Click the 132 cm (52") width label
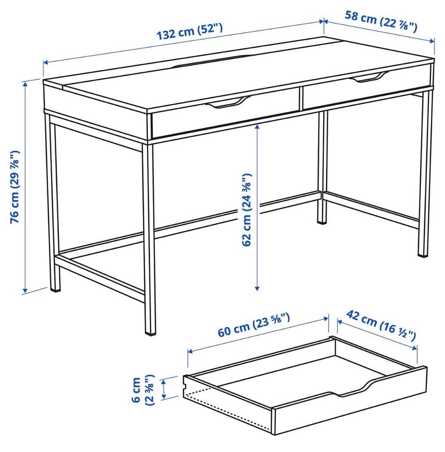[x=190, y=32]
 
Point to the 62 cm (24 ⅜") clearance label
[x=247, y=210]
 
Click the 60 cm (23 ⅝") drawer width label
[x=254, y=325]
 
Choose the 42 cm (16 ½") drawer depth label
[x=381, y=325]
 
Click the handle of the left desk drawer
[x=228, y=102]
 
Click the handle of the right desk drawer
[x=369, y=77]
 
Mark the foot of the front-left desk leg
[x=55, y=288]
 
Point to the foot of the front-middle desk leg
[x=150, y=332]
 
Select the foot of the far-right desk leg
[x=423, y=254]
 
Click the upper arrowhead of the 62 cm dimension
[x=257, y=127]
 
